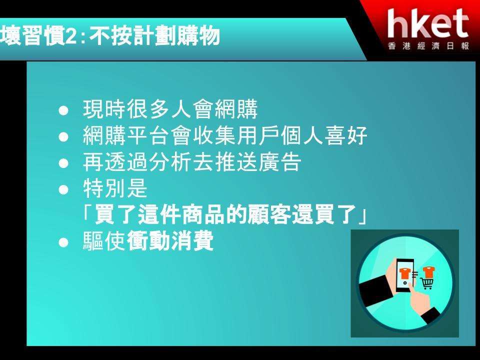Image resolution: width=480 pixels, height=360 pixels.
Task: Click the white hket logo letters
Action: tap(428, 23)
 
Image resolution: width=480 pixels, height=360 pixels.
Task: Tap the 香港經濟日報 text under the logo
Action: tap(428, 46)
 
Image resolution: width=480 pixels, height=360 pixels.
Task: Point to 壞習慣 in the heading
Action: tap(32, 36)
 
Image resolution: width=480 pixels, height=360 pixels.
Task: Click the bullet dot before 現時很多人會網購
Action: tap(63, 110)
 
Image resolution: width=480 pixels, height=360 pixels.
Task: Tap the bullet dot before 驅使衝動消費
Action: tap(63, 243)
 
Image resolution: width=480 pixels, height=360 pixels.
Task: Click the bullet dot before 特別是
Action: tap(63, 190)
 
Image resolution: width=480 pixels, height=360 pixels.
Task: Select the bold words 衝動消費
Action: tap(170, 240)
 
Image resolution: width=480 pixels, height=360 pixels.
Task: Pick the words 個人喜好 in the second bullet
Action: tap(324, 135)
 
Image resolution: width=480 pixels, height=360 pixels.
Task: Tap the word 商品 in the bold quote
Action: tap(204, 214)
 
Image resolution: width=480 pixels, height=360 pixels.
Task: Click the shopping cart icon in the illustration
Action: tap(426, 283)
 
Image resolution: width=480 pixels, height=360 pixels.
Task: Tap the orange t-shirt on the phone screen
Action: tap(404, 273)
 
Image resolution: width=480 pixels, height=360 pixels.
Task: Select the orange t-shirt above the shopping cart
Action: tap(428, 271)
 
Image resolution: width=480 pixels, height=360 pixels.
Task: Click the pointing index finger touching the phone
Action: tap(415, 294)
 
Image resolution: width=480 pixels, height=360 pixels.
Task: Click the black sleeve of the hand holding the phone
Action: tap(375, 290)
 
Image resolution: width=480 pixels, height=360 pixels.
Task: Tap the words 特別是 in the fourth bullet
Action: tap(115, 188)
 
